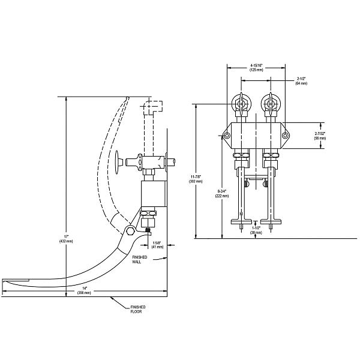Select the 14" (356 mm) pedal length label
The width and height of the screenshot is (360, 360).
[x=85, y=291]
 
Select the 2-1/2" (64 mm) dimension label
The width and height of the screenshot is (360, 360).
[x=301, y=80]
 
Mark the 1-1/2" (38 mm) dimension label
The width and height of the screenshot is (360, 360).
[x=256, y=230]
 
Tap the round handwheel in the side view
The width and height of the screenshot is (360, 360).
[x=118, y=161]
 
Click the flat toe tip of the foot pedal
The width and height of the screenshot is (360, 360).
[x=15, y=281]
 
